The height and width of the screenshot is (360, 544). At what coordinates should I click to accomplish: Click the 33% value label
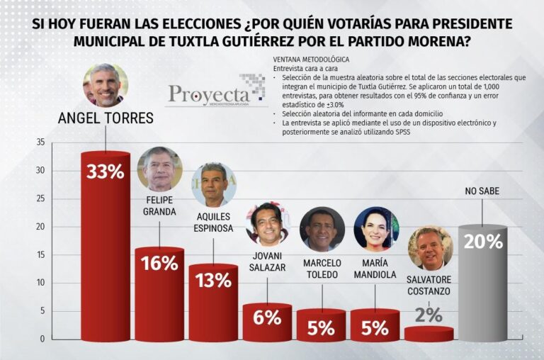point(105,171)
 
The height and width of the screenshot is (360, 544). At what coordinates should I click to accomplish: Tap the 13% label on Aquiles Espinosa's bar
point(213,280)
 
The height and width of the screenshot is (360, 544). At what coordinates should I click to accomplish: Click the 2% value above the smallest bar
point(429,315)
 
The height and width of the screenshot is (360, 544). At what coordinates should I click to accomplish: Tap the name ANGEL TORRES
point(105,118)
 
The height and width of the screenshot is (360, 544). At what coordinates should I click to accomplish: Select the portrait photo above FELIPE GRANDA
point(159,169)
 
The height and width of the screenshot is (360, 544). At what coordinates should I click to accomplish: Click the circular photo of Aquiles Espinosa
point(213,184)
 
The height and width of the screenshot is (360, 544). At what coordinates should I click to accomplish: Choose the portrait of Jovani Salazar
point(267,223)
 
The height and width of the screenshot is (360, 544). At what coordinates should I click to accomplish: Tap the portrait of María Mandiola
point(375,229)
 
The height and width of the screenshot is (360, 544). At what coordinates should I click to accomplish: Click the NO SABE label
point(482,191)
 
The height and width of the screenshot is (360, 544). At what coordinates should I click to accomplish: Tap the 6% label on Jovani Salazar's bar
point(267,317)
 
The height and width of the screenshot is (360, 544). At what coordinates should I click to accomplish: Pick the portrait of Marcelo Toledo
point(322,229)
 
